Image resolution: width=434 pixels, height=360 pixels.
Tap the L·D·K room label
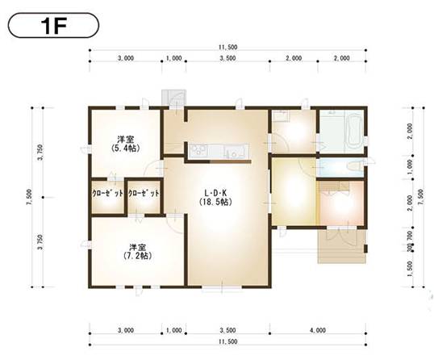point(215,192)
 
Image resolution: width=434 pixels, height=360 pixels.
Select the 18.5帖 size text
point(215,202)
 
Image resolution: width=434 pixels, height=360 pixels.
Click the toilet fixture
point(353,167)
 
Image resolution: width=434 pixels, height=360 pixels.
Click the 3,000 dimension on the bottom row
point(125,330)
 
